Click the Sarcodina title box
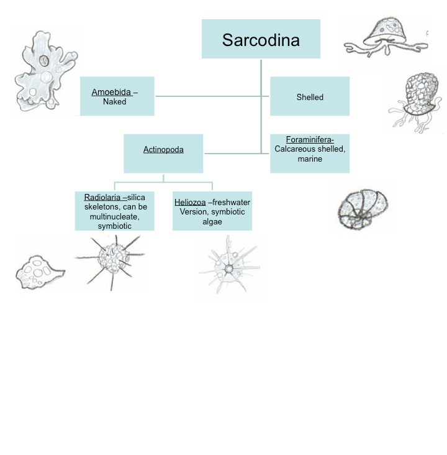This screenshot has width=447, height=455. tap(261, 39)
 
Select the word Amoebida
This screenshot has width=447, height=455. tap(111, 93)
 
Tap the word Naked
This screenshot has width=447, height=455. tap(115, 102)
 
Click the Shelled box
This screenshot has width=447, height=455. tap(309, 97)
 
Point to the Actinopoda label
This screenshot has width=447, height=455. tap(163, 150)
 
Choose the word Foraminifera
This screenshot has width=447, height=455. tap(309, 140)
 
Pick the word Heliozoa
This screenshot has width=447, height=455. tap(190, 203)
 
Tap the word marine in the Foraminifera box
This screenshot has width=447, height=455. tap(310, 159)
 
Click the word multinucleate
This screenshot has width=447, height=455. tap(115, 216)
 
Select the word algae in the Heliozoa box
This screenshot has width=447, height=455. tap(212, 222)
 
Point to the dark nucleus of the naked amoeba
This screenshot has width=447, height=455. tap(44, 61)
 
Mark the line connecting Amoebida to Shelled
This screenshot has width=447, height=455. tap(211, 96)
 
